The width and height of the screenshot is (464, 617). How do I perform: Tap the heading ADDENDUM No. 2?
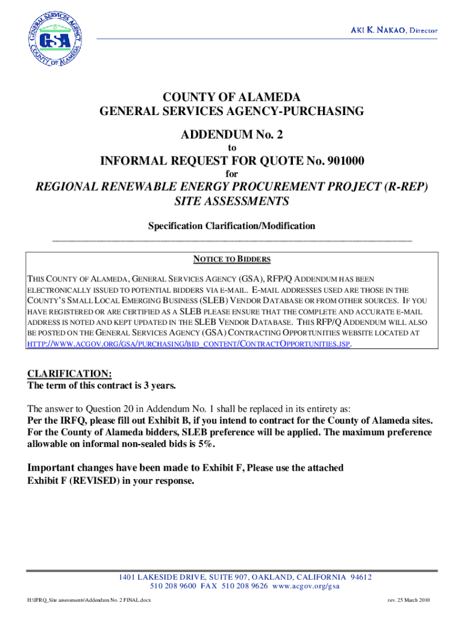tap(231, 136)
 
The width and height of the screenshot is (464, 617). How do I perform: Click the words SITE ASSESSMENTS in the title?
tap(232, 201)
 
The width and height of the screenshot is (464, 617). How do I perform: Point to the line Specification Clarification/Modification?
tap(232, 226)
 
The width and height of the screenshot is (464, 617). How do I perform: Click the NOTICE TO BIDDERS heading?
tap(232, 260)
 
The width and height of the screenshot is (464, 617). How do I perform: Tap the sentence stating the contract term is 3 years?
tap(102, 386)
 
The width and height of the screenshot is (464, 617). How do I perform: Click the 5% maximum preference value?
tap(206, 444)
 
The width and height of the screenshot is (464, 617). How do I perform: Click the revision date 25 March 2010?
tap(413, 601)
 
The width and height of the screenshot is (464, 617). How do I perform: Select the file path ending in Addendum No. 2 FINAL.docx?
tap(92, 601)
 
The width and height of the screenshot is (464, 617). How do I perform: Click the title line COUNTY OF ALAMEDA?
tap(231, 98)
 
